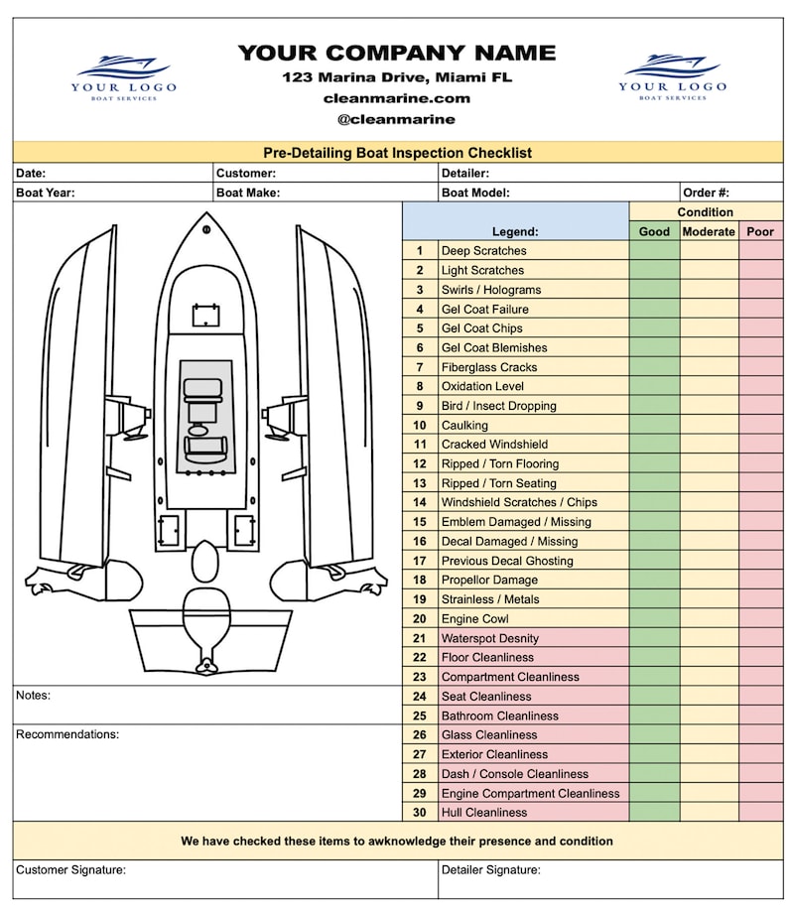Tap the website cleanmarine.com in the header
(396, 98)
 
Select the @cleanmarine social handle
(396, 119)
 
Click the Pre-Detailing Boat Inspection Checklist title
(397, 153)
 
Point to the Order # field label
(706, 193)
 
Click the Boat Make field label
(248, 193)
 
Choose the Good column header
(654, 231)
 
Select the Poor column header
(760, 231)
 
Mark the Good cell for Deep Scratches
(654, 251)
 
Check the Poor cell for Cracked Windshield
(760, 445)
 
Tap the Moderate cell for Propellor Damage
(709, 580)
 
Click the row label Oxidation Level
(482, 386)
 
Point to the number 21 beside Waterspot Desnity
(420, 638)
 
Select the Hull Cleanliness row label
(484, 812)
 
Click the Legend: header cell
(515, 231)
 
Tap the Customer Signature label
(70, 870)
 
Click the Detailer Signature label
(490, 870)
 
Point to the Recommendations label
(67, 734)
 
